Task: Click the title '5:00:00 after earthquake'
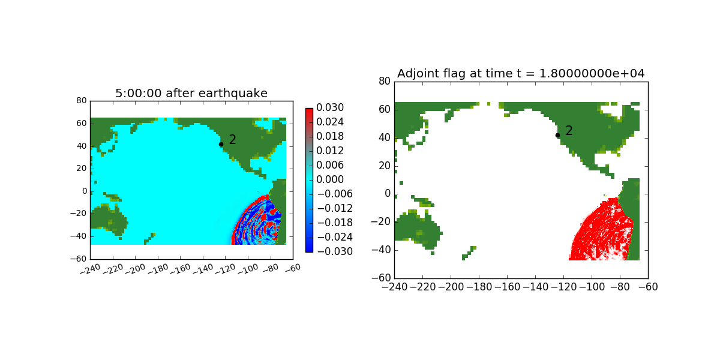(x=191, y=93)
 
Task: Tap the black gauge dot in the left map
(x=221, y=145)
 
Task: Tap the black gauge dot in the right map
(x=557, y=136)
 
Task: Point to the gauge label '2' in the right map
(x=569, y=131)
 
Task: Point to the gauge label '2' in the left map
(x=232, y=139)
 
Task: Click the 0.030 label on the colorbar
(x=330, y=107)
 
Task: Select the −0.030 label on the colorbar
(x=335, y=251)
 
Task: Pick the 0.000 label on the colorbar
(x=330, y=179)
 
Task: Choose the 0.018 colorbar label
(x=330, y=136)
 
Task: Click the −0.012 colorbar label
(x=335, y=208)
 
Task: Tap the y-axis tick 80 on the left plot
(x=82, y=101)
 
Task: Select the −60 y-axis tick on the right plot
(x=381, y=278)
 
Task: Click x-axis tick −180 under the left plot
(x=158, y=269)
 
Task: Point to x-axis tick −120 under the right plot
(x=563, y=287)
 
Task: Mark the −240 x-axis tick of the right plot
(x=394, y=287)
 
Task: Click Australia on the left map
(x=109, y=219)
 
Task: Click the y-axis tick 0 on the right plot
(x=388, y=193)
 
